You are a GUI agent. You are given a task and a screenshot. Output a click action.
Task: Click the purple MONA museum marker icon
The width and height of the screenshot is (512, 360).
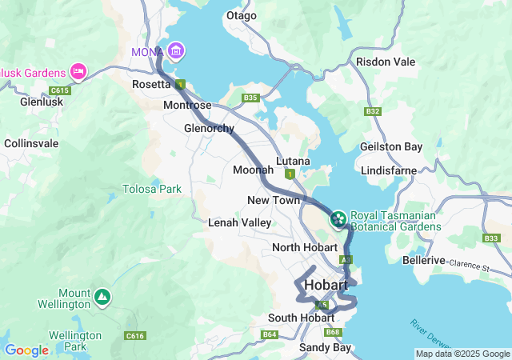point(176,52)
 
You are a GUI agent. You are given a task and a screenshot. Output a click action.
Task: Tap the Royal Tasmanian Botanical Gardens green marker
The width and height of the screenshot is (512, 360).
point(338,218)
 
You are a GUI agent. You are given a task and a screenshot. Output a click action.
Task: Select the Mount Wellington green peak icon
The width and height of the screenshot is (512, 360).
point(102,298)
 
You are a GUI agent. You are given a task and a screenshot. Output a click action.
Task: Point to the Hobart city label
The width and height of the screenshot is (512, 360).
point(326,286)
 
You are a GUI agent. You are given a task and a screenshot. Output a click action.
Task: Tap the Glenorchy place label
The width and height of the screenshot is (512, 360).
point(209,128)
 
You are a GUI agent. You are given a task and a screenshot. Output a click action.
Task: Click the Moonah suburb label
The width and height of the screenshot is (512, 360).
point(253,170)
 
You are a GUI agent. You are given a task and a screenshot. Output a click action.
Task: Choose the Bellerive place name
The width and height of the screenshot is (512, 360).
point(422,261)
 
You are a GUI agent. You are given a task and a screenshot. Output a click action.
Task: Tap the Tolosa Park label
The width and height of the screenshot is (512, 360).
point(151,189)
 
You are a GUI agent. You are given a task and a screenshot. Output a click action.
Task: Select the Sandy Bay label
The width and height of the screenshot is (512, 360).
point(325,347)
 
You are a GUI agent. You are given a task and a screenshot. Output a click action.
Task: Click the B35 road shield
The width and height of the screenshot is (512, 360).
point(251,98)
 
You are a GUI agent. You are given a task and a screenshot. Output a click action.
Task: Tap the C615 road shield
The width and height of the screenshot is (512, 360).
point(59,90)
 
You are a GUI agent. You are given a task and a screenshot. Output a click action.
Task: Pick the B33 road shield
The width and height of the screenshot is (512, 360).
point(491,238)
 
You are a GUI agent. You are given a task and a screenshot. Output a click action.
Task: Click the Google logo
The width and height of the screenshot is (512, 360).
point(26,350)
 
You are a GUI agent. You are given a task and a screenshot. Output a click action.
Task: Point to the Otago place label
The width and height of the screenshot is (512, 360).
point(242,16)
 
